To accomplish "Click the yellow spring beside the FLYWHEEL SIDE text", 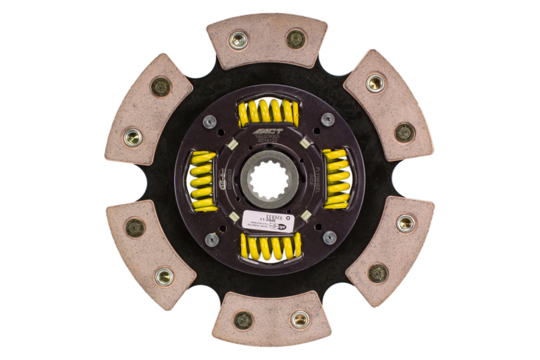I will (x=335, y=178).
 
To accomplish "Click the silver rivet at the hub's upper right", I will (x=328, y=120).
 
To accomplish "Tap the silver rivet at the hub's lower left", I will (x=212, y=238).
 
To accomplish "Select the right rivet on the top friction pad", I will (x=296, y=39).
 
